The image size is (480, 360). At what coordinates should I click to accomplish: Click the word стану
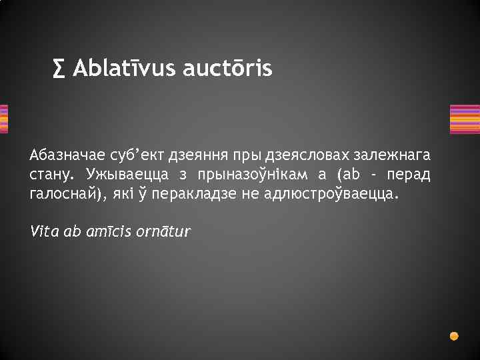click(x=53, y=175)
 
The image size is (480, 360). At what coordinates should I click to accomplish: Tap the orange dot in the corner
click(x=454, y=335)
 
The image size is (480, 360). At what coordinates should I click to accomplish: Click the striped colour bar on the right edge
click(x=465, y=119)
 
